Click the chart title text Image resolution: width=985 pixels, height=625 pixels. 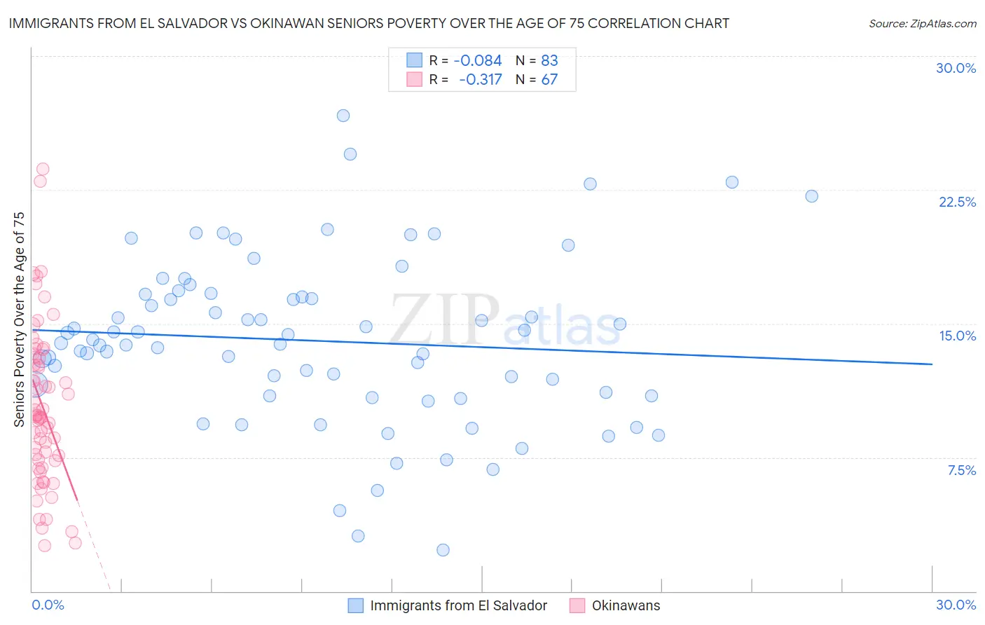369,23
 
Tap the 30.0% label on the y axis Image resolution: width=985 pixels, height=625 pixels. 956,68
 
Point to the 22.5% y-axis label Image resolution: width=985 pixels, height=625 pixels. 957,202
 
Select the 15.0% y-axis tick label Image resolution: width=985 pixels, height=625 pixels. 957,336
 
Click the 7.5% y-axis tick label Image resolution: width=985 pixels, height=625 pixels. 961,470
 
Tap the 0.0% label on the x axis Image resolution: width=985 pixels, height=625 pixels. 48,605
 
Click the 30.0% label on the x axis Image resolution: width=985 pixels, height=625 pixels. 956,605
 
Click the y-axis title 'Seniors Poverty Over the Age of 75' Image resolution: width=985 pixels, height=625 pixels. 20,319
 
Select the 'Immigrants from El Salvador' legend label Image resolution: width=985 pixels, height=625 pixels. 458,605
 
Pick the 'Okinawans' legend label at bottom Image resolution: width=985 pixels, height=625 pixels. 626,605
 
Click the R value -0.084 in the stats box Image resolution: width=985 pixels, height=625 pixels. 478,61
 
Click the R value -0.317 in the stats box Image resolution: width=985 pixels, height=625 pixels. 481,79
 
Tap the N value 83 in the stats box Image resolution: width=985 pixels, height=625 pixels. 549,61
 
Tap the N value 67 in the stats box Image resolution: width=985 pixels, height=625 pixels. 549,79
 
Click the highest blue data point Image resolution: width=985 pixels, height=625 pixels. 343,116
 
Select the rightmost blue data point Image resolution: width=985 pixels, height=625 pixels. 811,196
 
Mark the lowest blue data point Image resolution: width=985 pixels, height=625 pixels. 443,550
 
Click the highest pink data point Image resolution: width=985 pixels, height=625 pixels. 43,169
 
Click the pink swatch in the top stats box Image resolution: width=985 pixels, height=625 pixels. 415,79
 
